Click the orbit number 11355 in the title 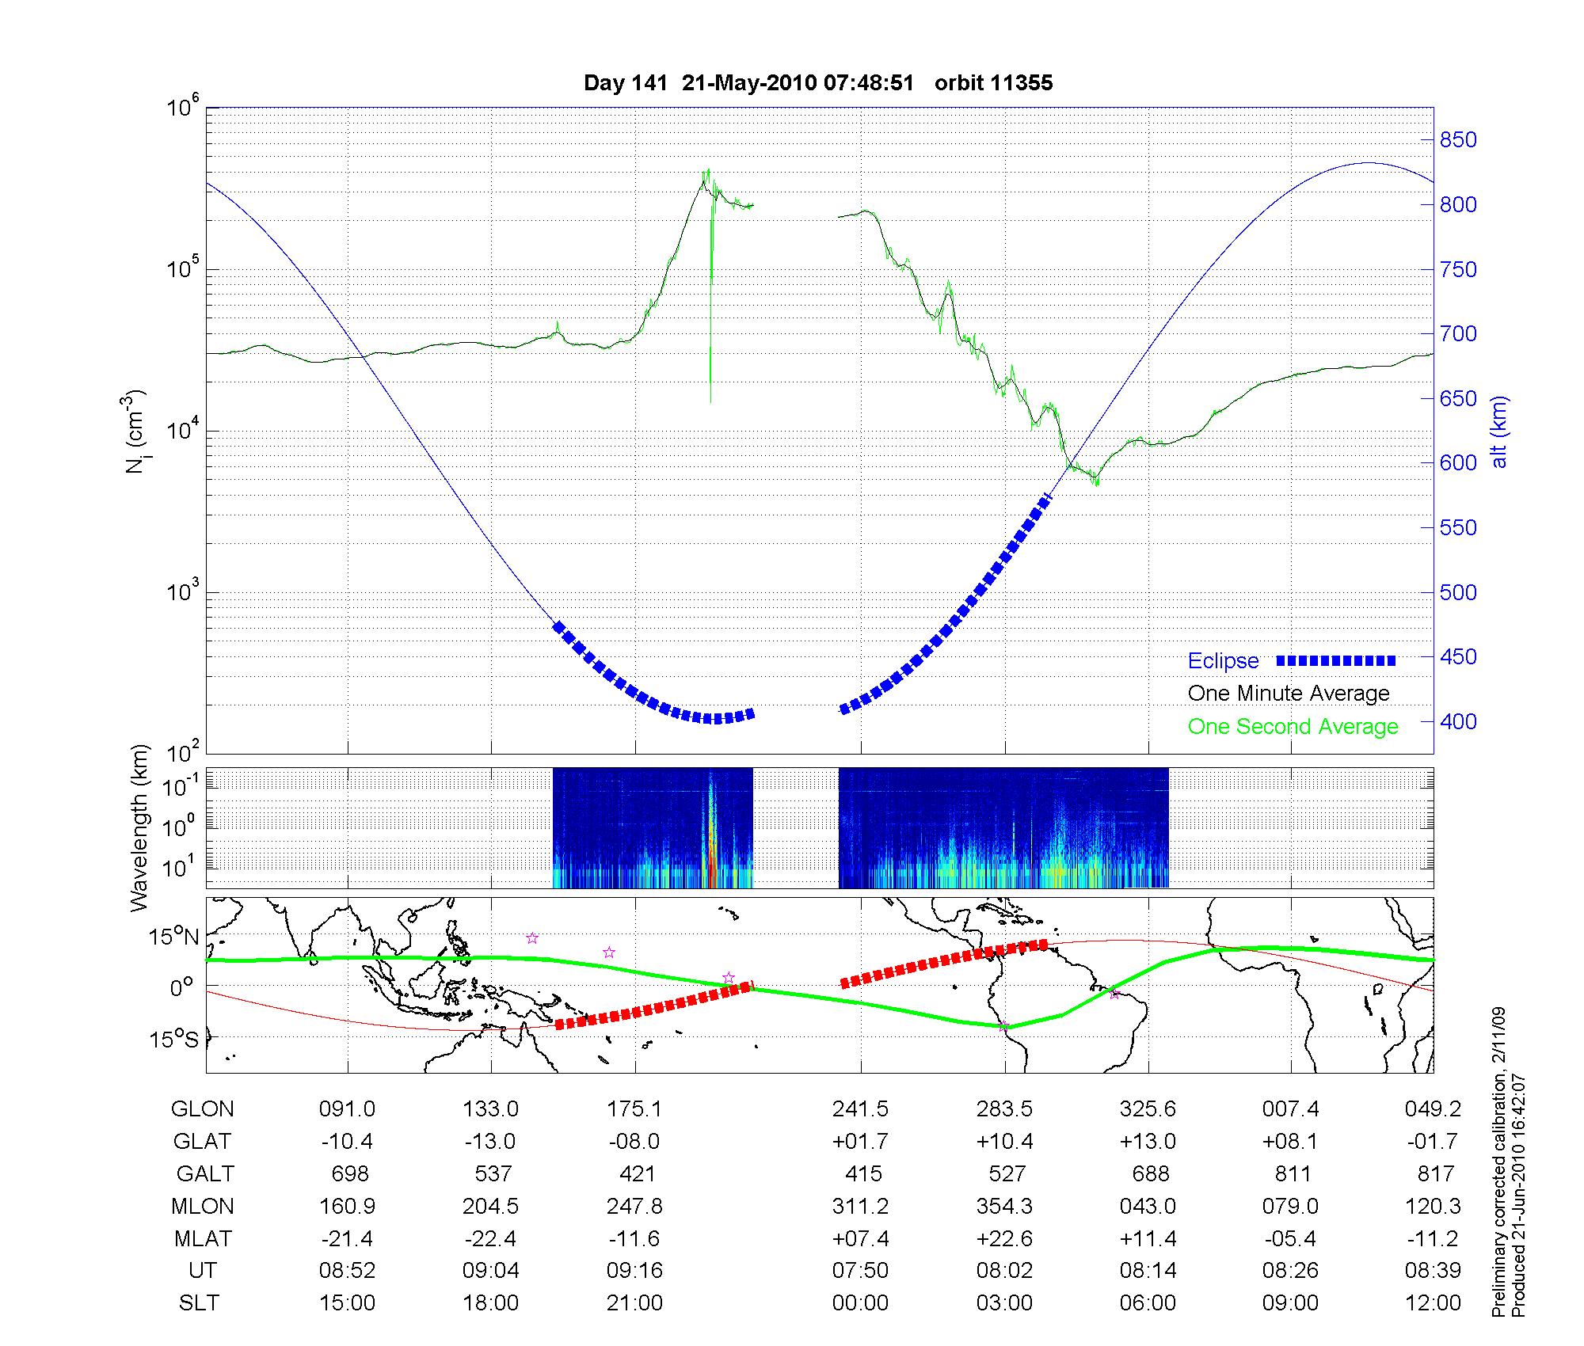pos(993,83)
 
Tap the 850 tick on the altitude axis pos(1458,140)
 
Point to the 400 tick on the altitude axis pos(1458,721)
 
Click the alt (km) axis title pos(1498,432)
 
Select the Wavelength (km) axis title pos(140,828)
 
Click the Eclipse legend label pos(1223,660)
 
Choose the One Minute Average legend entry pos(1289,694)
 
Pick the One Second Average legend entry pos(1293,727)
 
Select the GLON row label pos(203,1109)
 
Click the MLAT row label pos(203,1238)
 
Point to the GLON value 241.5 pos(860,1109)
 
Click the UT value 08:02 pos(1004,1271)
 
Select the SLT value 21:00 pos(634,1303)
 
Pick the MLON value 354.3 pos(1004,1206)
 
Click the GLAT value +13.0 pos(1148,1142)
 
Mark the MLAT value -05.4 pos(1291,1238)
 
